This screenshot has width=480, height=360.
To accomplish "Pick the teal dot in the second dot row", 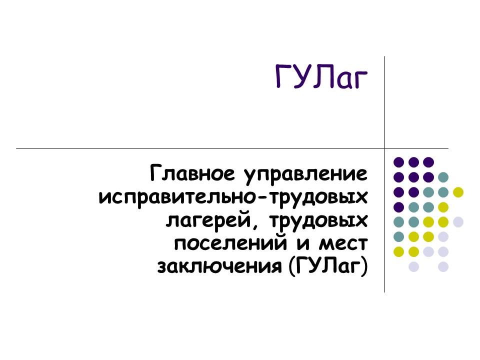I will pyautogui.click(x=443, y=176).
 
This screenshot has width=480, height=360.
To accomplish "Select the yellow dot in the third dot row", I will pyautogui.click(x=457, y=191).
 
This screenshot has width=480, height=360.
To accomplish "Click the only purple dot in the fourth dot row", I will pyautogui.click(x=399, y=206).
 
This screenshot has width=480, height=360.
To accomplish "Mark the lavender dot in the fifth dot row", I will pyautogui.click(x=457, y=221).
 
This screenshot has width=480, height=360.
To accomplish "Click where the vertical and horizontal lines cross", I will pyautogui.click(x=384, y=148).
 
